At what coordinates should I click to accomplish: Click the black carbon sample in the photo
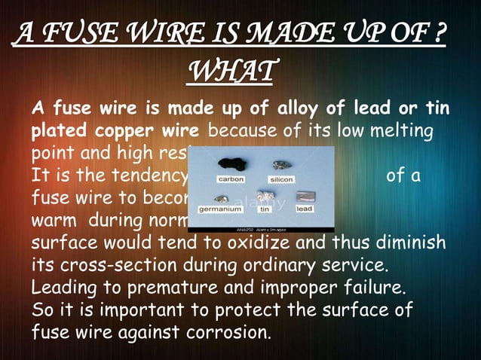[230, 164]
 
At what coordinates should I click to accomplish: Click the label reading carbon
[230, 180]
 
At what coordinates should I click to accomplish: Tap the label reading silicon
[280, 180]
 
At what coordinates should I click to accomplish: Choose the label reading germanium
[219, 209]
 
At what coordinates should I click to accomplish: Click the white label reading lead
[304, 209]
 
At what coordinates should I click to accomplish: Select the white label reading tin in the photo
[265, 209]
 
